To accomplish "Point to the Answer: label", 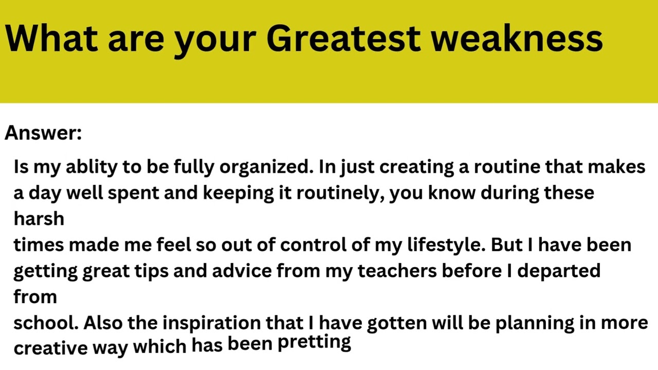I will [x=43, y=133].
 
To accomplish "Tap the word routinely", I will [x=340, y=193].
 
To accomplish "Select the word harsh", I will [x=39, y=219].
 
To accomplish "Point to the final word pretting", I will [x=314, y=343].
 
